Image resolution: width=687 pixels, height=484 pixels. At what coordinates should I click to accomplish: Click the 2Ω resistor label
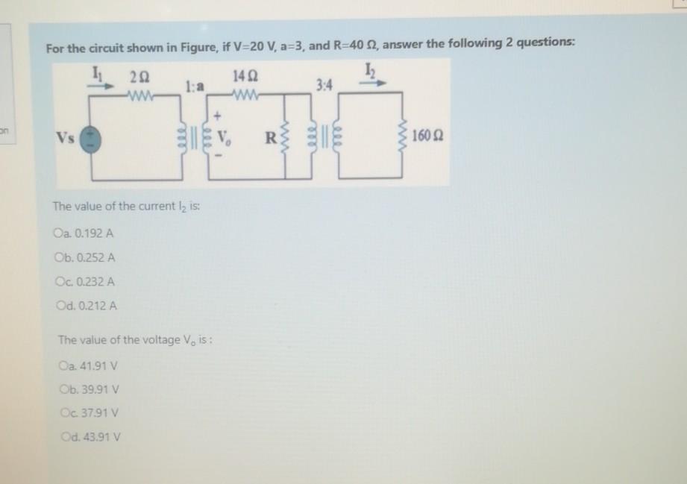coord(138,75)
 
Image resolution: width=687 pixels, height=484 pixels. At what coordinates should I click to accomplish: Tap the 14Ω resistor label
coord(244,75)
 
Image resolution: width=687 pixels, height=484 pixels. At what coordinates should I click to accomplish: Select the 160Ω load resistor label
coord(428,138)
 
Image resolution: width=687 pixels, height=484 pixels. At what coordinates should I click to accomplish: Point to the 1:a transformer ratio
coord(195,87)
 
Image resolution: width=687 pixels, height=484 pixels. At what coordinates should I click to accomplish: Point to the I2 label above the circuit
coord(370,72)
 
